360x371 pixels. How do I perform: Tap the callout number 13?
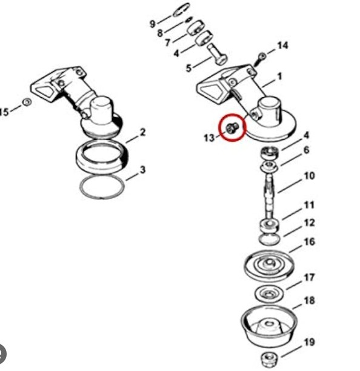point(209,138)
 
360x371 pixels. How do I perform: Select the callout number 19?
point(309,343)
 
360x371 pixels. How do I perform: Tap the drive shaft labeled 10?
point(270,196)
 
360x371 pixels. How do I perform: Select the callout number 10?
point(309,176)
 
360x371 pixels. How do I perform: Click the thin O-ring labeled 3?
point(81,187)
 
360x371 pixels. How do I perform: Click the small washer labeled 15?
point(27,102)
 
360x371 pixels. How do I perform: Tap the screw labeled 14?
point(259,59)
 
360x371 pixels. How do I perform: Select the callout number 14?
point(283,45)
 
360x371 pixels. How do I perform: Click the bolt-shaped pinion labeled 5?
point(218,54)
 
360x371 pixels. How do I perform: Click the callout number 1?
point(280,76)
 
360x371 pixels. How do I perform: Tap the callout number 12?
point(309,223)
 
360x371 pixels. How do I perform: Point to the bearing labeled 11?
point(270,227)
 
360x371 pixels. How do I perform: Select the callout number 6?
point(306,150)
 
